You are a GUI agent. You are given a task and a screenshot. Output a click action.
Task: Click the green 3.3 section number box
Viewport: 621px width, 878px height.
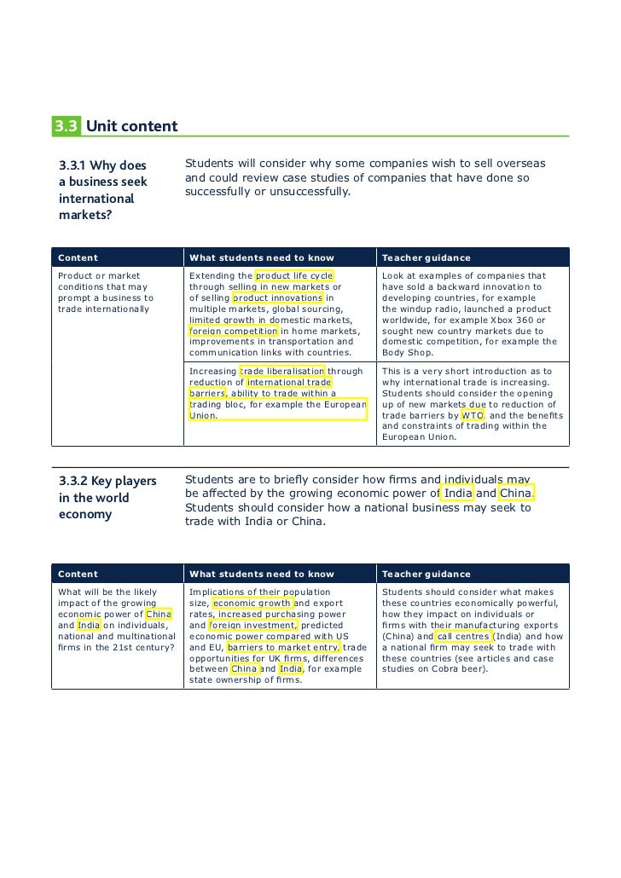[67, 127]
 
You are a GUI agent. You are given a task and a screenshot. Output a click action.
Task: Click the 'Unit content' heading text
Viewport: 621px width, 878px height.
[131, 127]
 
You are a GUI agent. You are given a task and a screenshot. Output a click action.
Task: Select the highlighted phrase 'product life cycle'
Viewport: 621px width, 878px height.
[294, 276]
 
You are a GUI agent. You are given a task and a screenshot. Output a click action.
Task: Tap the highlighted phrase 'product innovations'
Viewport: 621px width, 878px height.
[277, 298]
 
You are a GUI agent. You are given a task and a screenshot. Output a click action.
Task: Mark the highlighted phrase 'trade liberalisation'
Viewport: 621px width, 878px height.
[283, 372]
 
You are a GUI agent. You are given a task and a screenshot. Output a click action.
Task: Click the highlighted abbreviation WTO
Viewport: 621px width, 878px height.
[473, 416]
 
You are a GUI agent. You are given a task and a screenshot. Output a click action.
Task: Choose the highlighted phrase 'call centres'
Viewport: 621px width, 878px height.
[463, 636]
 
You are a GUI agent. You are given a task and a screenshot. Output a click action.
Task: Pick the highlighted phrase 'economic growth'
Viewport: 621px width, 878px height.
[252, 604]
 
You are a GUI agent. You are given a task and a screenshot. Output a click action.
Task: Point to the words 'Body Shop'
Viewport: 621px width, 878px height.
[407, 353]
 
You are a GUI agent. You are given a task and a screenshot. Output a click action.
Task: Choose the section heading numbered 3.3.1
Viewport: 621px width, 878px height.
[102, 189]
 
